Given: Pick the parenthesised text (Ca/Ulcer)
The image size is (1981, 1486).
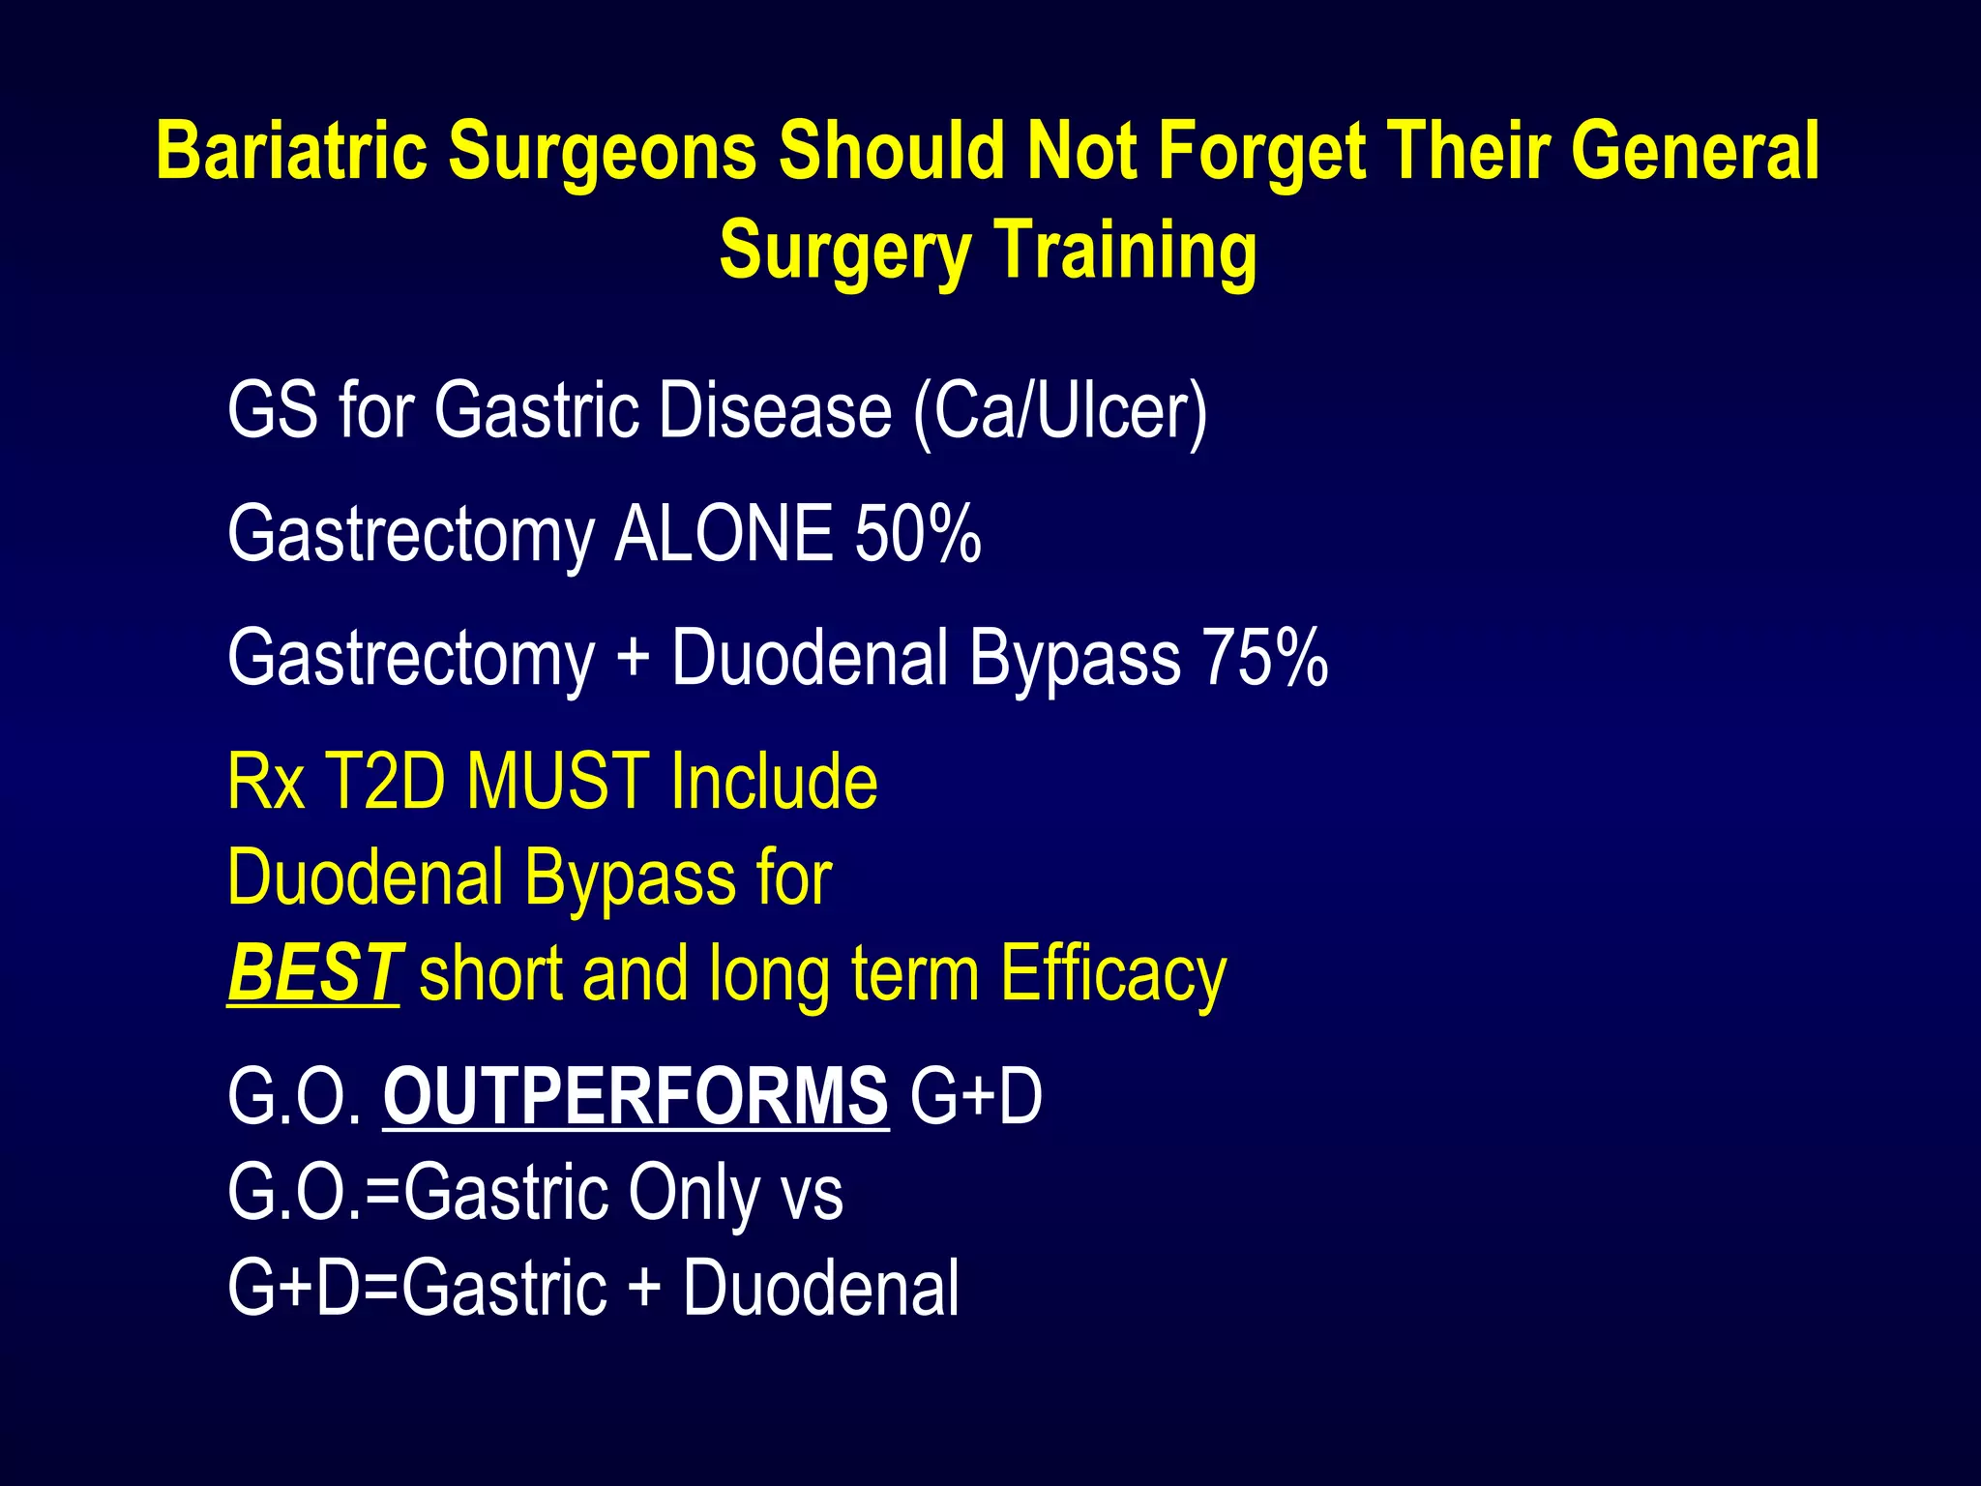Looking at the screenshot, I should pyautogui.click(x=1060, y=411).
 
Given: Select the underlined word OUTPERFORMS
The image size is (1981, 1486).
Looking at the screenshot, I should pyautogui.click(x=636, y=1096).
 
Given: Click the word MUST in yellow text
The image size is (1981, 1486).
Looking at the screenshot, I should pyautogui.click(x=558, y=781).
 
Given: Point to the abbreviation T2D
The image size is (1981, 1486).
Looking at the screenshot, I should pyautogui.click(x=384, y=781).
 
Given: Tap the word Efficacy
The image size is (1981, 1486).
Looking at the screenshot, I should pyautogui.click(x=1112, y=973).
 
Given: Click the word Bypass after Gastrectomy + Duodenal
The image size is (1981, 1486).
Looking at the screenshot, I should pyautogui.click(x=1075, y=658).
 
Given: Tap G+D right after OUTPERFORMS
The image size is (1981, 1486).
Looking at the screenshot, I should pyautogui.click(x=976, y=1096).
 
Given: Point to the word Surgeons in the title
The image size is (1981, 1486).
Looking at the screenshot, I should pyautogui.click(x=602, y=152).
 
